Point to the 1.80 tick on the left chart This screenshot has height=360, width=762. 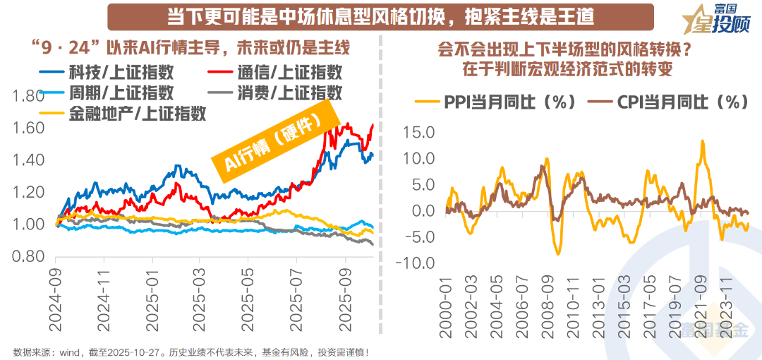(29, 96)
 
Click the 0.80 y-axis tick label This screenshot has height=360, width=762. (29, 257)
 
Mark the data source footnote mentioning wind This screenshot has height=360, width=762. (191, 351)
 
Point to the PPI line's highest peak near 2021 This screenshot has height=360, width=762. (702, 140)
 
